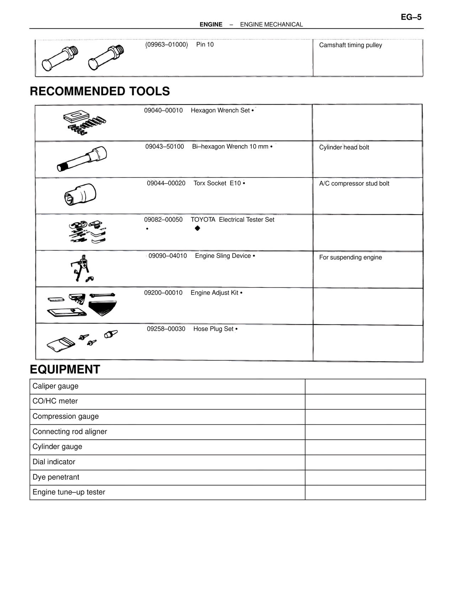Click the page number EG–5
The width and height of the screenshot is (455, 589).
coord(411,17)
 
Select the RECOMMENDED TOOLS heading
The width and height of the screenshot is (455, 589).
coord(100,91)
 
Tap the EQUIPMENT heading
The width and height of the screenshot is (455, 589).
coord(65,370)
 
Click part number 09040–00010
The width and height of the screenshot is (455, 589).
coord(163,111)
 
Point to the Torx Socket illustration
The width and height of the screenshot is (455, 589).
coord(81,195)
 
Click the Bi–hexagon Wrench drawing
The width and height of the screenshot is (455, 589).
coord(82,159)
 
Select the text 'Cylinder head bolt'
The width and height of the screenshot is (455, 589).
coord(344,147)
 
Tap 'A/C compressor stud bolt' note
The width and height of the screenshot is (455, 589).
coord(354,184)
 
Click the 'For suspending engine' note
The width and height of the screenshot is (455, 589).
coord(350,258)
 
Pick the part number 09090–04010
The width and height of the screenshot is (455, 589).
coord(167,256)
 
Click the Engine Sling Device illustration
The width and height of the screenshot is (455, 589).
coord(82,269)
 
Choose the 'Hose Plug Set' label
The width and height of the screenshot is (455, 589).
coord(213,329)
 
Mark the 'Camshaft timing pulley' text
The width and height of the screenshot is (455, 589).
coord(350,45)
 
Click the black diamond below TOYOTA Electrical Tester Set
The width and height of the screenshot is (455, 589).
coord(198,228)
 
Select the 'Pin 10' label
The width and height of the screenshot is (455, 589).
coord(205,45)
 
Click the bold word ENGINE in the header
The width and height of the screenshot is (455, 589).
coord(211,25)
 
